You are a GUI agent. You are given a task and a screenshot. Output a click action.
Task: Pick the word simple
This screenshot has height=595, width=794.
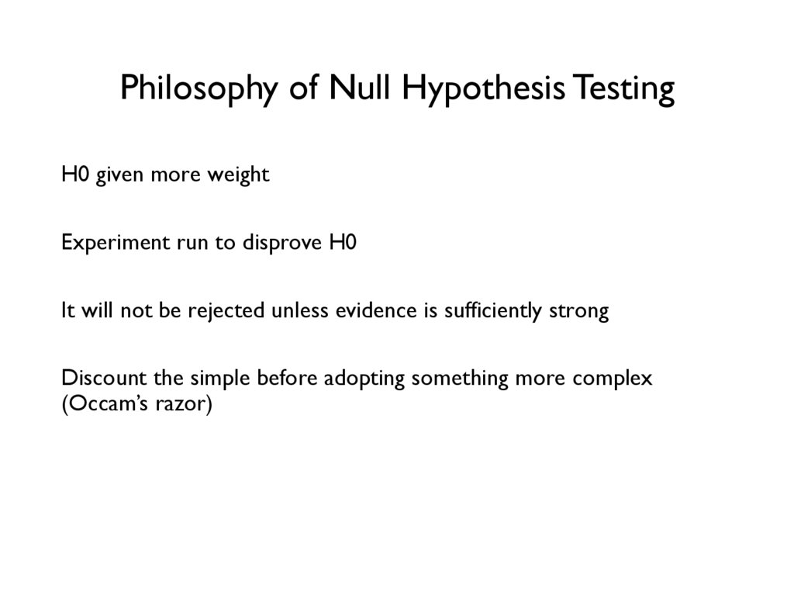[x=218, y=380]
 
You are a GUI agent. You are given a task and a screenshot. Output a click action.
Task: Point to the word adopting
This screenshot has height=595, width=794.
[x=364, y=380]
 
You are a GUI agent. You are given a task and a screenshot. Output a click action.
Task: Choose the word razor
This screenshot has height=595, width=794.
[x=182, y=406]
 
